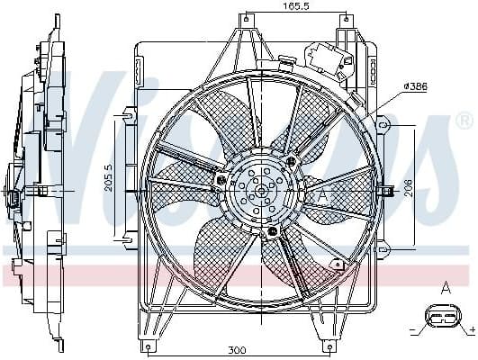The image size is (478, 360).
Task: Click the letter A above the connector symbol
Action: click(x=445, y=288)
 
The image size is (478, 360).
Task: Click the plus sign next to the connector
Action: click(x=472, y=332)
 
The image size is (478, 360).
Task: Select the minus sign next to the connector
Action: click(x=414, y=332)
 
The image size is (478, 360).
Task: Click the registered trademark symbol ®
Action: click(x=464, y=120)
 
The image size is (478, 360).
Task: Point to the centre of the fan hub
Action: click(x=259, y=190)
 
